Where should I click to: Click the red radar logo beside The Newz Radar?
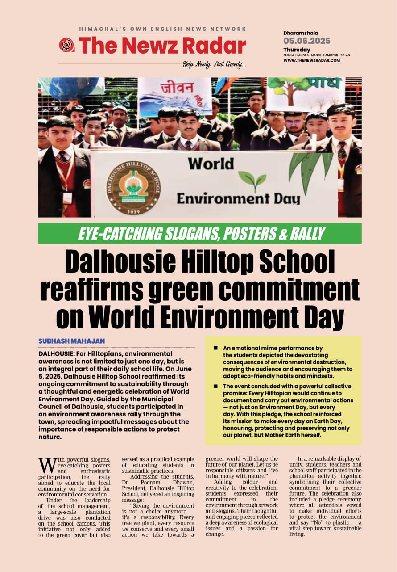point(66,45)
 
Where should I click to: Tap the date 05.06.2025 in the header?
point(307,41)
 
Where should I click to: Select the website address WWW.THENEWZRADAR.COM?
point(311,60)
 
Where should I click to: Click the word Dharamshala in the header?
point(300,33)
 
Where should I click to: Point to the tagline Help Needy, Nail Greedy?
point(214,64)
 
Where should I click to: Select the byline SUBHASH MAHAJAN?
point(71,341)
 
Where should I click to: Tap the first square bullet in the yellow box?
point(215,348)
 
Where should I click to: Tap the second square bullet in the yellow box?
point(215,387)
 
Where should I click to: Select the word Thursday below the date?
point(297,50)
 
